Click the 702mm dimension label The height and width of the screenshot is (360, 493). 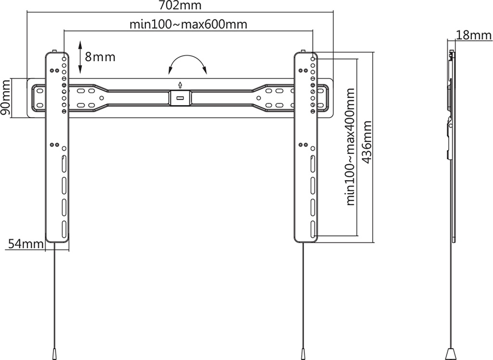pos(180,5)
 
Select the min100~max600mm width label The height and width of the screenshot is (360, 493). pos(188,24)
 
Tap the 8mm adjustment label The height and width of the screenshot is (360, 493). pos(100,57)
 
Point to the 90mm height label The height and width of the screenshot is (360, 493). pos(6,97)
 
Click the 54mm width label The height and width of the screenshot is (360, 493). pos(26,244)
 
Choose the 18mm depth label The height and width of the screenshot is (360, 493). pos(474,35)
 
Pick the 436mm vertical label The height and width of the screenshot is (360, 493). pos(366,142)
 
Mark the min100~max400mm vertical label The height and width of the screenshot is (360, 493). pos(350,147)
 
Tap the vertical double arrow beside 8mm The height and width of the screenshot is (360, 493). pos(80,57)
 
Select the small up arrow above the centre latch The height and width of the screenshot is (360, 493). pos(180,85)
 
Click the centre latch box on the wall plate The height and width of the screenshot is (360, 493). pos(180,98)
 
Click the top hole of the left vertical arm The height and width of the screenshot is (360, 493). pos(64,58)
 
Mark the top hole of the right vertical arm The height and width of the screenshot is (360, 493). pos(313,58)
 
